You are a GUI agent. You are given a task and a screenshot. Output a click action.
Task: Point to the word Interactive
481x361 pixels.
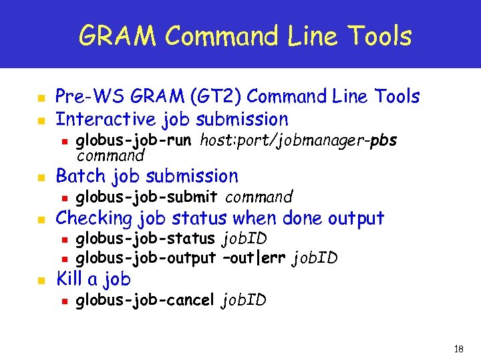click(106, 120)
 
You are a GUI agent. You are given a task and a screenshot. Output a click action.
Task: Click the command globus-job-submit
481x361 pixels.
click(146, 197)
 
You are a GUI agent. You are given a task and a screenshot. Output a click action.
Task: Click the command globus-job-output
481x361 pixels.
click(146, 257)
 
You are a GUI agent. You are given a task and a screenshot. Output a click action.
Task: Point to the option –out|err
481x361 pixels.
click(255, 257)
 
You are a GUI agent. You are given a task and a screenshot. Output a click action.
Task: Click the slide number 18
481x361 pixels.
click(458, 350)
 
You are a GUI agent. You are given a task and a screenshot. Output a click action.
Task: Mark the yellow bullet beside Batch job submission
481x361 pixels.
click(41, 178)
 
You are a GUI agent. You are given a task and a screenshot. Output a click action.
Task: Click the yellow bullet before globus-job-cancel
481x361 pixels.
click(63, 301)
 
